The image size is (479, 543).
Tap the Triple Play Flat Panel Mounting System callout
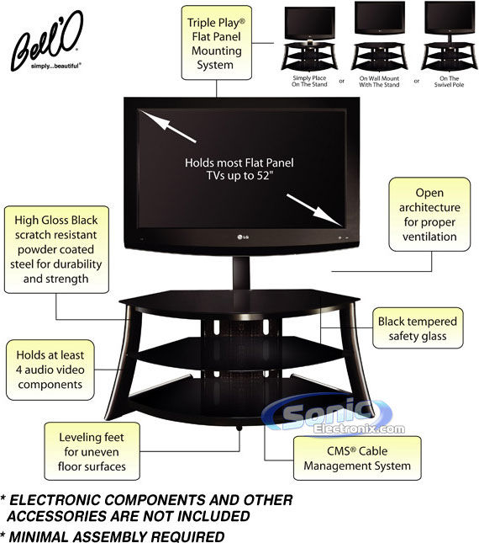point(216,43)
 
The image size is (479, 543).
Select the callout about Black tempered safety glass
point(418,328)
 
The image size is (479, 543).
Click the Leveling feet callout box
point(92,451)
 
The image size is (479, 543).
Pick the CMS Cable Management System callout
point(357,458)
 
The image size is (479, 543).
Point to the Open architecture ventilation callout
point(429,215)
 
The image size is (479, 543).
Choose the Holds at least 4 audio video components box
point(50,370)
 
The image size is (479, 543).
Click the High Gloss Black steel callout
point(56,250)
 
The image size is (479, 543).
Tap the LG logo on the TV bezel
point(243,237)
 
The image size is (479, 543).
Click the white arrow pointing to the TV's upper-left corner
point(168,126)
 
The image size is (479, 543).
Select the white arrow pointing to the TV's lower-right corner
point(314,210)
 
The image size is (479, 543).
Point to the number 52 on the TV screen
point(263,176)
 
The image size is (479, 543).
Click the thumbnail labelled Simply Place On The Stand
point(309,39)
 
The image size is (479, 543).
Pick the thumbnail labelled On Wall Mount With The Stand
point(379,36)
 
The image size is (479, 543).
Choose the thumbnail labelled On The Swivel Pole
point(450,36)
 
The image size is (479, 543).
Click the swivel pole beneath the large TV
point(241,273)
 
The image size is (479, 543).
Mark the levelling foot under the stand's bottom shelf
point(239,428)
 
